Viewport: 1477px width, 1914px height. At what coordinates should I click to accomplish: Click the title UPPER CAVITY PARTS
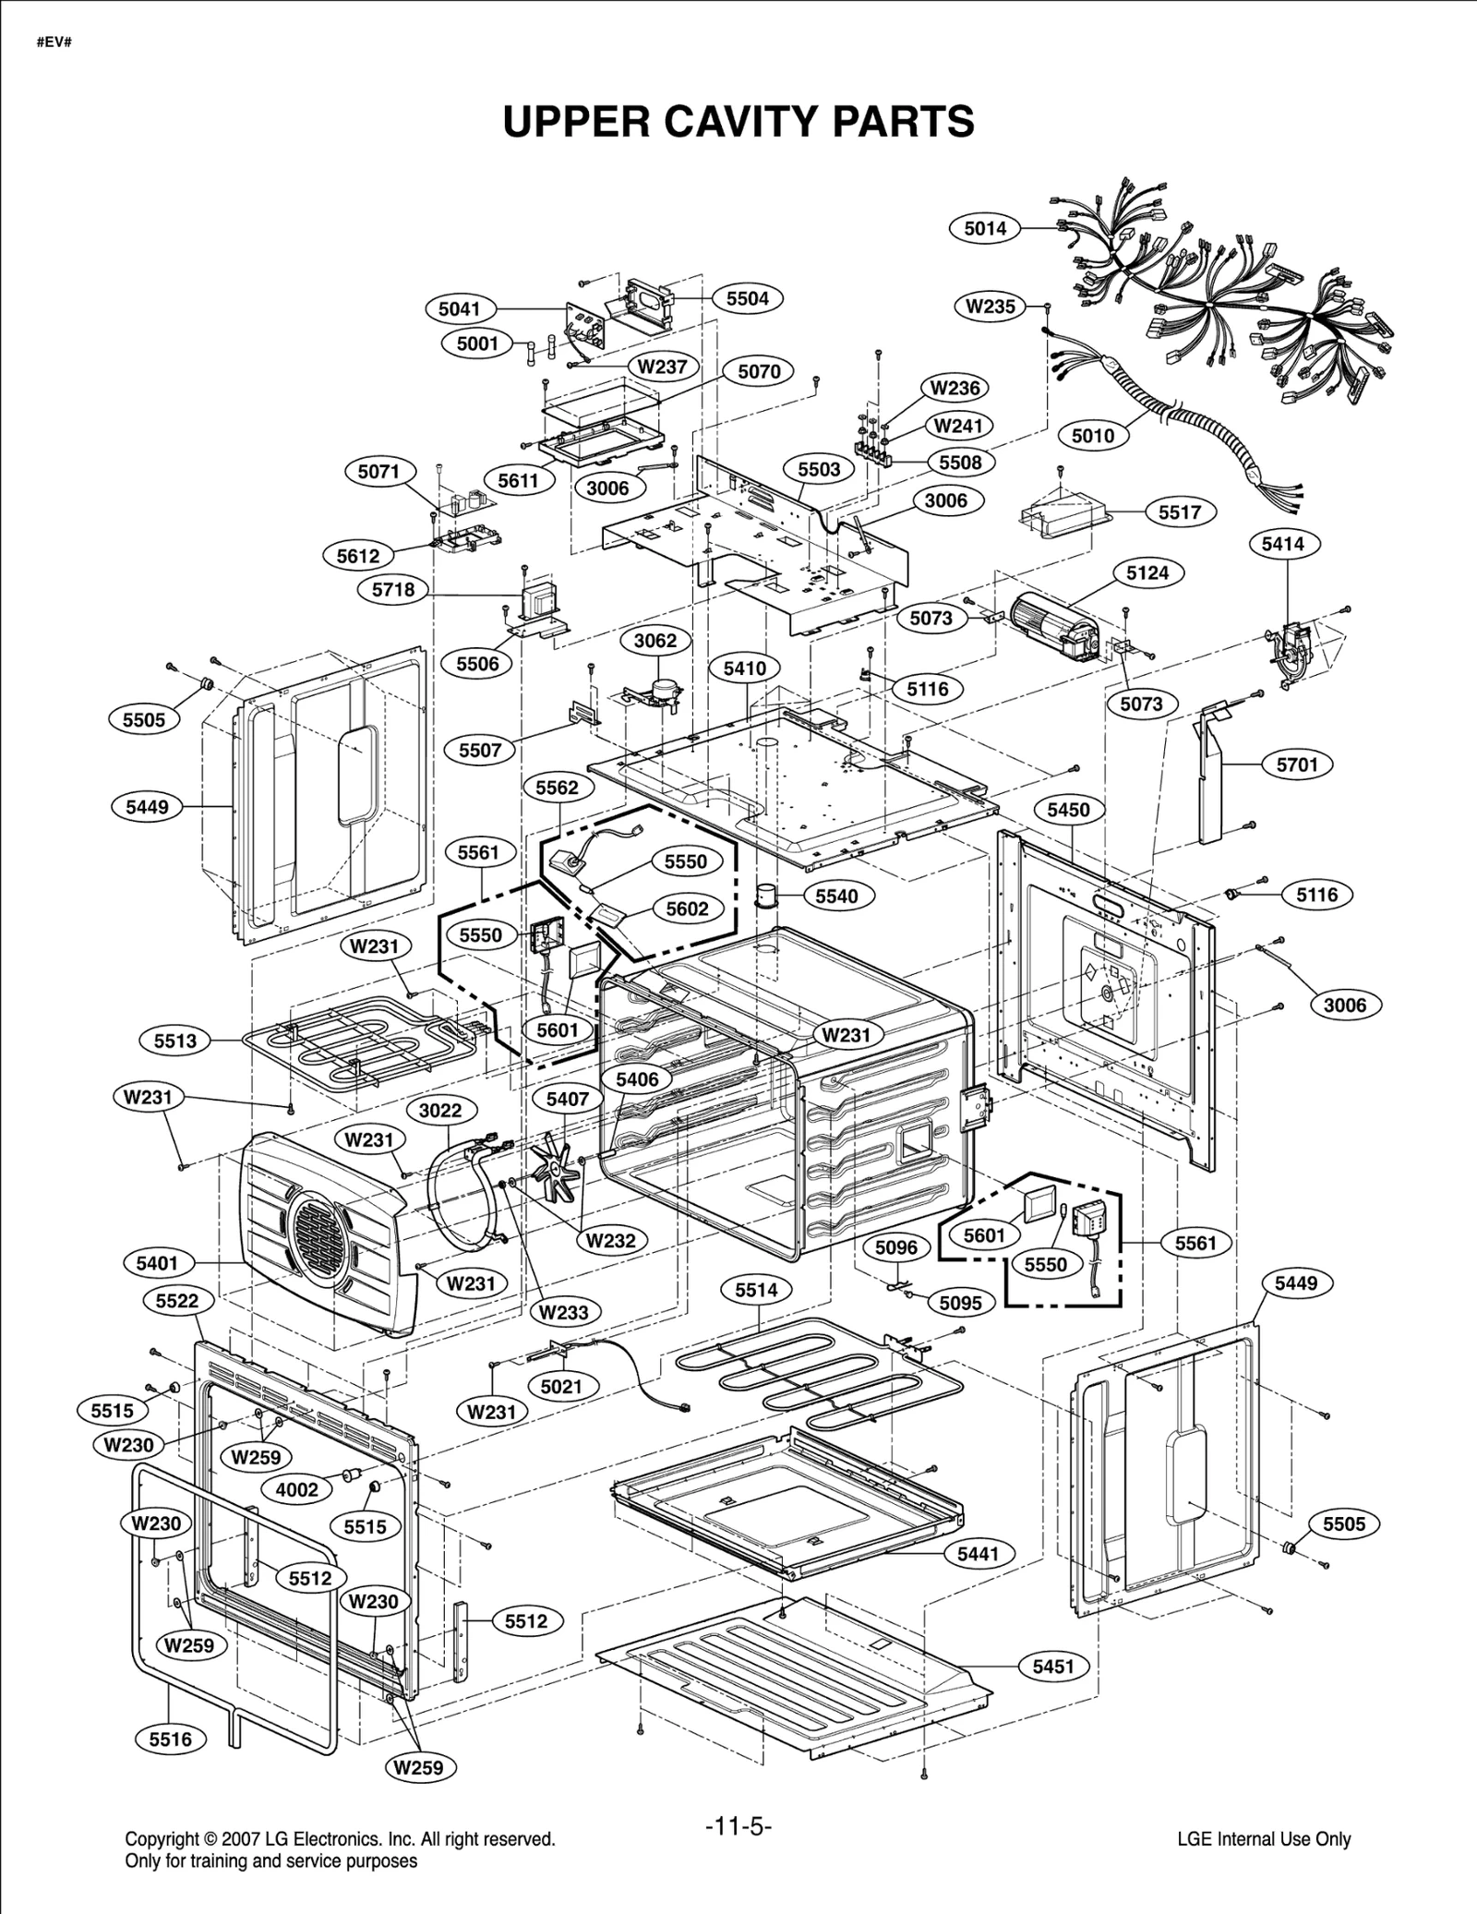tap(738, 121)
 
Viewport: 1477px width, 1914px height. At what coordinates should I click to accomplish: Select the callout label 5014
tap(985, 228)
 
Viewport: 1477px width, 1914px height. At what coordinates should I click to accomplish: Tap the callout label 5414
tap(1283, 544)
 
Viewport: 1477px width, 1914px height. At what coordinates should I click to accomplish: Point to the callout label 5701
tap(1297, 764)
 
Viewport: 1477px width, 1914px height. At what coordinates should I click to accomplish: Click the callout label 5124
tap(1147, 572)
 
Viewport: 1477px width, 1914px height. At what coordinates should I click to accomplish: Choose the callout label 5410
tap(744, 668)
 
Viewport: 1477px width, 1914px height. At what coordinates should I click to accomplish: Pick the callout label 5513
tap(175, 1041)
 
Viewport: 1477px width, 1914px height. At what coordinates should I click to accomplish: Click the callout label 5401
tap(157, 1262)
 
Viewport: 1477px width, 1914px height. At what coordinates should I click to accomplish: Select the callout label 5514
tap(756, 1290)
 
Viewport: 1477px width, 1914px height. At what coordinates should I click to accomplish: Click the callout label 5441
tap(979, 1554)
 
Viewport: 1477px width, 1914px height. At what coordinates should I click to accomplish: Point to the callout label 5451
tap(1053, 1666)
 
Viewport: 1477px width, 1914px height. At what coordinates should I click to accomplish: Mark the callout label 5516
tap(171, 1739)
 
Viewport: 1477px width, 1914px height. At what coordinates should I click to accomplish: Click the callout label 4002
tap(297, 1489)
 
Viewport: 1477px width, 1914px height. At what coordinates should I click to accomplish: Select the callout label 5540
tap(836, 896)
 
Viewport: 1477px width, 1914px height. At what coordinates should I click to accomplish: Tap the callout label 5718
tap(393, 589)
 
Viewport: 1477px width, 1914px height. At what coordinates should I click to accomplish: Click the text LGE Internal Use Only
tap(1264, 1839)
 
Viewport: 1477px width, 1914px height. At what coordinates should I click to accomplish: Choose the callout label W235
tap(991, 307)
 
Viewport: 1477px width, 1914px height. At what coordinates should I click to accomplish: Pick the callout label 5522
tap(177, 1301)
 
